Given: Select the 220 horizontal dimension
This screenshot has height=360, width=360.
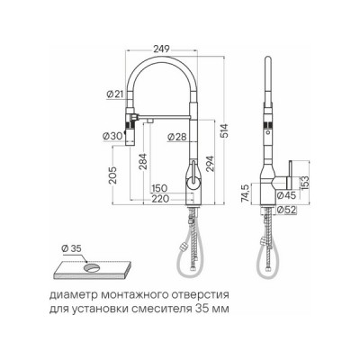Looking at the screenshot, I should click(x=162, y=198).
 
